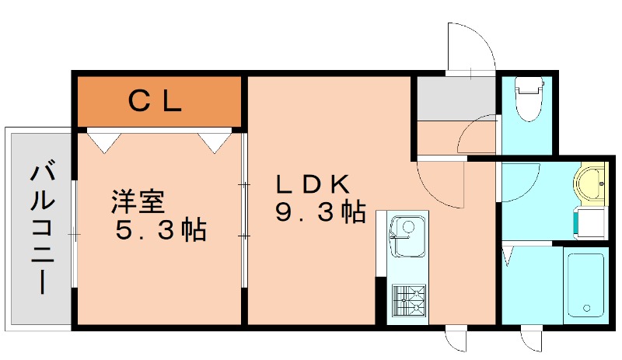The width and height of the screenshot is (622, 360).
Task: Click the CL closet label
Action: point(155,100)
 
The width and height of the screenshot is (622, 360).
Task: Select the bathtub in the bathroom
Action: point(585,285)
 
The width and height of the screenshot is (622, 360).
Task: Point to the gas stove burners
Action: point(408,299)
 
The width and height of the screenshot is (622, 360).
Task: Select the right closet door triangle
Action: point(215,140)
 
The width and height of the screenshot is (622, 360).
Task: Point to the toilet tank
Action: point(529,83)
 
